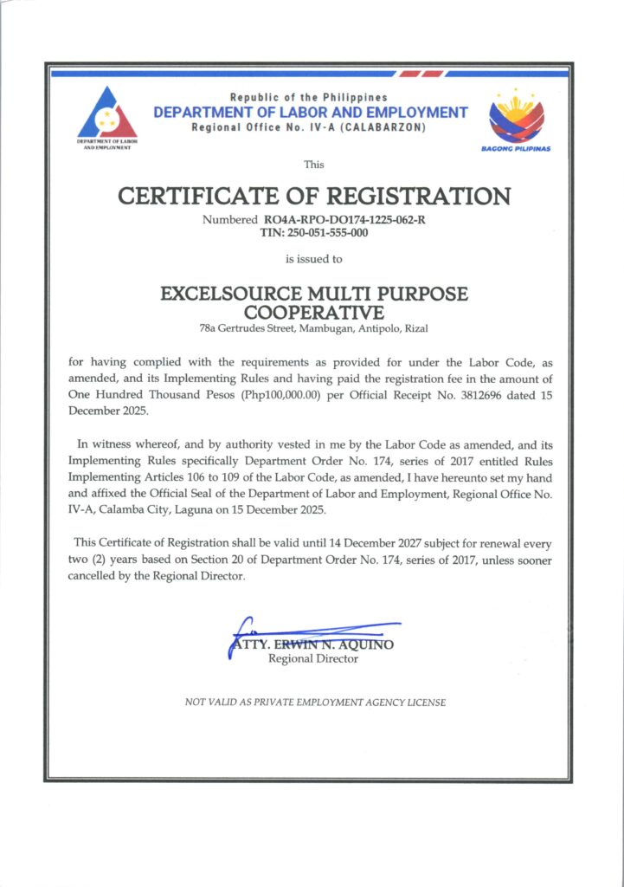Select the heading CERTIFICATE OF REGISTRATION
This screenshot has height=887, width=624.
coord(313,196)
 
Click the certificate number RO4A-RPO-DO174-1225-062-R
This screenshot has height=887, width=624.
coord(344,220)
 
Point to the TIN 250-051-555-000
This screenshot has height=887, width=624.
coord(313,232)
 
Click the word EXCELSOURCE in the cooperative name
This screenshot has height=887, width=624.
coord(237,294)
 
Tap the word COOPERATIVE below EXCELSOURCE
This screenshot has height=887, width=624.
coord(313,311)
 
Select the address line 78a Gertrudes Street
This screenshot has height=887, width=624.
coord(313,328)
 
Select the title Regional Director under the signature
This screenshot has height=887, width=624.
coord(313,659)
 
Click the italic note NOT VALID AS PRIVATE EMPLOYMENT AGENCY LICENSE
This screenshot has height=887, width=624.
coord(315,702)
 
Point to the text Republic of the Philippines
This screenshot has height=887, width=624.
coord(308,97)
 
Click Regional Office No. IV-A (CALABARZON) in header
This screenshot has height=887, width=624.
coord(308,128)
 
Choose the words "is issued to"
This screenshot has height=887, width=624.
coord(313,258)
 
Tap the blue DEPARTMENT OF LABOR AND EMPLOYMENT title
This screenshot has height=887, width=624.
coord(310,113)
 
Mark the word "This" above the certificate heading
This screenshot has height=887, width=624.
coord(313,164)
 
